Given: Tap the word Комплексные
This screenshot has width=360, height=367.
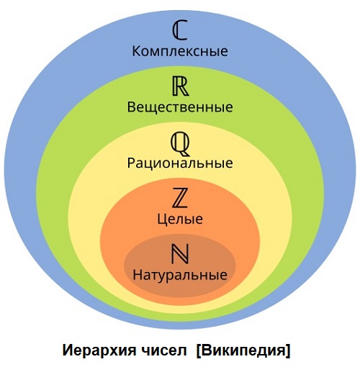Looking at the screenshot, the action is click(x=180, y=51).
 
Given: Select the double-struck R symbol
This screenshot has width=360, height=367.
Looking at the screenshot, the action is click(x=181, y=86).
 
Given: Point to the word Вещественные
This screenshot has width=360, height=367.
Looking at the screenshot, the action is click(x=180, y=107).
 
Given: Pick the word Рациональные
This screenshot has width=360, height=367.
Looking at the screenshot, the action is click(x=180, y=163).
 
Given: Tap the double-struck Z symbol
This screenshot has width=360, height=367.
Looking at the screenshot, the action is click(x=180, y=198).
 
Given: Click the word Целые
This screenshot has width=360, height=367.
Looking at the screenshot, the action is click(x=180, y=219).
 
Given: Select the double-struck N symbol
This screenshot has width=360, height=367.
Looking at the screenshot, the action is click(x=180, y=254).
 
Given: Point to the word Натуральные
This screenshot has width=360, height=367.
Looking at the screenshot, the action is click(x=180, y=275).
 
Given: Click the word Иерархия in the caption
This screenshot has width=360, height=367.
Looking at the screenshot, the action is click(x=99, y=350).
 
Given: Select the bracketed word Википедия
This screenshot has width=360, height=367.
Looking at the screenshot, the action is click(x=243, y=350).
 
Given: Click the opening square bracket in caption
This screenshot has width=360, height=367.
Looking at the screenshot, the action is click(x=199, y=351).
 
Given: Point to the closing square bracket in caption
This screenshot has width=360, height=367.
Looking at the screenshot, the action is click(x=288, y=351).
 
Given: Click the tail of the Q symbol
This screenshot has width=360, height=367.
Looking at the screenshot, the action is click(x=185, y=153).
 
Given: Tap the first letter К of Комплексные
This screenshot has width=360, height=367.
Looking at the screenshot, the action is click(x=136, y=51).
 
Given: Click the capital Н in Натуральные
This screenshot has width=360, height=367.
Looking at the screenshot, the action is click(x=138, y=275).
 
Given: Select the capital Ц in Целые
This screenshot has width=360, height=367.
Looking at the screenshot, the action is click(x=162, y=219).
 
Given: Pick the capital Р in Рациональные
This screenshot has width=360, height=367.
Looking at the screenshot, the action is click(x=131, y=163).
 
